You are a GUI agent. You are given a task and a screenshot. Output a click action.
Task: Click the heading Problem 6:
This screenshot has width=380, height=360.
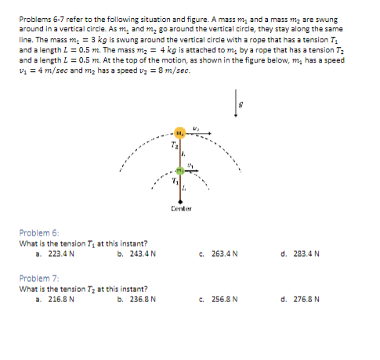tap(38, 233)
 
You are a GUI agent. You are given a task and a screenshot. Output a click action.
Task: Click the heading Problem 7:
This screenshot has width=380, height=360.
tap(38, 278)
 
